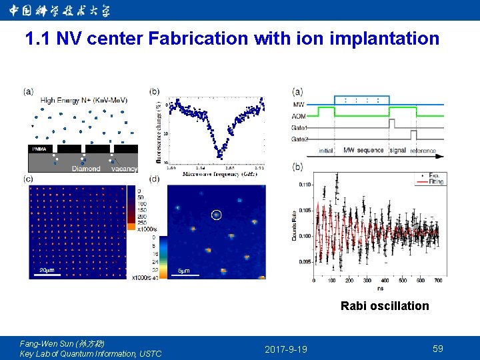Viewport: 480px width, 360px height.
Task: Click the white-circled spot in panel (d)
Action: point(216,215)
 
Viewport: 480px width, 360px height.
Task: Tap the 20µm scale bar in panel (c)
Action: point(46,273)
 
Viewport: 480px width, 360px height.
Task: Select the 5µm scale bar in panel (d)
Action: point(185,273)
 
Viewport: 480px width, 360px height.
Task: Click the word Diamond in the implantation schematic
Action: point(86,169)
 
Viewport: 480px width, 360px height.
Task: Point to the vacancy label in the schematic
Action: point(124,169)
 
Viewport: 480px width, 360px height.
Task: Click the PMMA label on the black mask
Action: point(39,149)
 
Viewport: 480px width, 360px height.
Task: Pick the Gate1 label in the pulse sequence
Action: point(300,127)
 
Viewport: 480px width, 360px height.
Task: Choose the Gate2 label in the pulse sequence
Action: point(300,139)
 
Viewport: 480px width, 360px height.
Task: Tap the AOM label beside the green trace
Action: point(299,115)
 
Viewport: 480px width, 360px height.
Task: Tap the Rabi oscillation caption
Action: point(385,306)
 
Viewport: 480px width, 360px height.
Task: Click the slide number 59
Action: point(437,349)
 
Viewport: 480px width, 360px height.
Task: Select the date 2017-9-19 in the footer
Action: point(285,349)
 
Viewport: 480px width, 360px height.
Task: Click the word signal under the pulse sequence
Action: point(397,151)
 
